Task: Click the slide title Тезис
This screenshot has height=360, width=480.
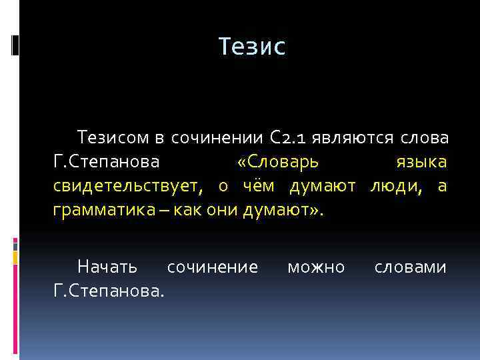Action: (x=252, y=47)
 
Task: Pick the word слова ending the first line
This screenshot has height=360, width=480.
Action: (x=425, y=139)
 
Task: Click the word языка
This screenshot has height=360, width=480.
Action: (x=421, y=163)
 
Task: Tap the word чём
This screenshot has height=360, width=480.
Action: (x=261, y=187)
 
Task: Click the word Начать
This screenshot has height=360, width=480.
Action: (x=107, y=267)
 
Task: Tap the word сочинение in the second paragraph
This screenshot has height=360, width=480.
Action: (x=212, y=267)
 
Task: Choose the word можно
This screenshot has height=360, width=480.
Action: (x=316, y=267)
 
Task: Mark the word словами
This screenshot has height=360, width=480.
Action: (x=410, y=267)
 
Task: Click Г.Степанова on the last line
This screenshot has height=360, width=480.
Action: (x=109, y=291)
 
